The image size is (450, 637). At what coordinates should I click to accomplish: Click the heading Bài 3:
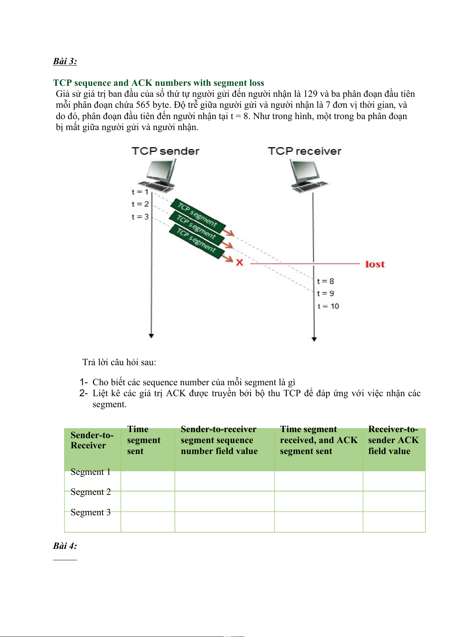[65, 61]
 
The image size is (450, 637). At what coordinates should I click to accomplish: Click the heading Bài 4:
[65, 546]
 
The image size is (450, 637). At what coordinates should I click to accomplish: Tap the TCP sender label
[165, 151]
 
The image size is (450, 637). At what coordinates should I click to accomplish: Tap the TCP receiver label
[305, 151]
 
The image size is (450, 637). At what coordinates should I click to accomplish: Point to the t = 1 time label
[140, 192]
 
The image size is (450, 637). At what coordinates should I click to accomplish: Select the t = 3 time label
[140, 217]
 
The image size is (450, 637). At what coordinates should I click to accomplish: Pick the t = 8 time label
[325, 281]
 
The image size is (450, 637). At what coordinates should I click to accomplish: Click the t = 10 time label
[328, 306]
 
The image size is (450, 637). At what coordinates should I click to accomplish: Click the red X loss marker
[240, 262]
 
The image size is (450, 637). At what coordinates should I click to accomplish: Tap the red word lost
[375, 264]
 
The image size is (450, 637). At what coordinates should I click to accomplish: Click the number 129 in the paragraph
[310, 94]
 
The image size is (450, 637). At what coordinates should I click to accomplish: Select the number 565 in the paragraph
[143, 105]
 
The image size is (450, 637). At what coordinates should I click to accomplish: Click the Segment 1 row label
[91, 472]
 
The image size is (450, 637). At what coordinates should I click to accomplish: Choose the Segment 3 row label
[91, 512]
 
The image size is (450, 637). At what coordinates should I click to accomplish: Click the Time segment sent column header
[144, 440]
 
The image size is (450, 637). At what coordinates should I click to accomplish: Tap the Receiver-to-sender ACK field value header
[393, 440]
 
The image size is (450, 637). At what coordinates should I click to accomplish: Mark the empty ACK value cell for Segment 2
[394, 501]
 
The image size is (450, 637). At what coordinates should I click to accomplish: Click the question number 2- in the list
[84, 393]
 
